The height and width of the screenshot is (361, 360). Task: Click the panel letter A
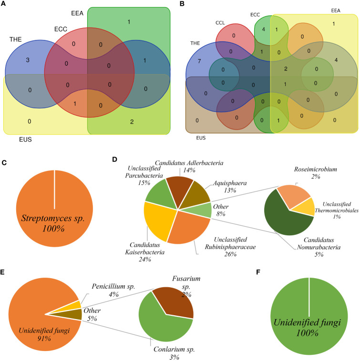(6, 4)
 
